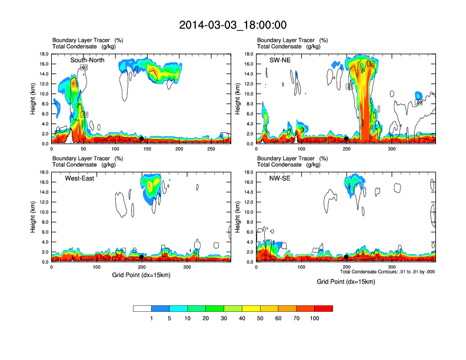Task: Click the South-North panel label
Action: click(88, 60)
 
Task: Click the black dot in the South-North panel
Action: click(141, 138)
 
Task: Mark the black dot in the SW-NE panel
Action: click(347, 138)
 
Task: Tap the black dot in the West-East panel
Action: click(142, 257)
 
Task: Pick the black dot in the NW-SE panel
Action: click(347, 257)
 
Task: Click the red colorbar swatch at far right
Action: click(324, 308)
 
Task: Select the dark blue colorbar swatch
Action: click(161, 308)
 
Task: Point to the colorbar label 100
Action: click(315, 319)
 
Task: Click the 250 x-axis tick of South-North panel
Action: click(210, 149)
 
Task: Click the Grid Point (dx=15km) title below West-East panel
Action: click(141, 275)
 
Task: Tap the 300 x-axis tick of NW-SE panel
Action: click(392, 267)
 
